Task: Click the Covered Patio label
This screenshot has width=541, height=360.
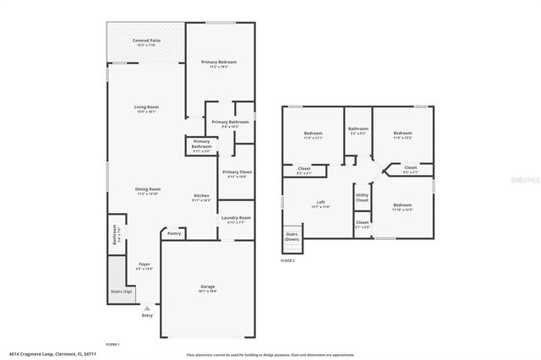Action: point(146,42)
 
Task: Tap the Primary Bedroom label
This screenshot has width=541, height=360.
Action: point(218,64)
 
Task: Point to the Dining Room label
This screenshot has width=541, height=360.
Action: point(149,190)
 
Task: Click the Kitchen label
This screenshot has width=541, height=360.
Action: point(201,197)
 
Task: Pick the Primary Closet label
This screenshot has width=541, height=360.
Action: point(237,173)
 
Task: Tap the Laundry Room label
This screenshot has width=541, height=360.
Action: point(236,220)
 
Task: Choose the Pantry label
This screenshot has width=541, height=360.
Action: point(174,233)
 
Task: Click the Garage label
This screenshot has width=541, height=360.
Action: point(207,288)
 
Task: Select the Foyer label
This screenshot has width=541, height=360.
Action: point(145,266)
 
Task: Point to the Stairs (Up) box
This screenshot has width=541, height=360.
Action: point(122,291)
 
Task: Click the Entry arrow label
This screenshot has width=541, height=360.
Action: point(148,316)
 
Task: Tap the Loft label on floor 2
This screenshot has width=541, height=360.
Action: point(321,203)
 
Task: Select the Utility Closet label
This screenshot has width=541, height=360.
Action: point(362,199)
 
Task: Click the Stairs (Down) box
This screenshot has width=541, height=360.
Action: point(292,237)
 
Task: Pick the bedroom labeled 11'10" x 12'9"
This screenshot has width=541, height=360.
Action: point(402,207)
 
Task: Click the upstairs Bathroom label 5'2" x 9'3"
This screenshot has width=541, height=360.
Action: point(358,131)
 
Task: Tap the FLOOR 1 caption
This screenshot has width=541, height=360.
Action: point(112,345)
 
